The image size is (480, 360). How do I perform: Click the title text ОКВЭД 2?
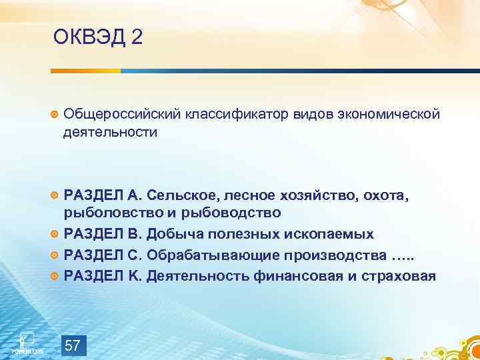pyautogui.click(x=98, y=37)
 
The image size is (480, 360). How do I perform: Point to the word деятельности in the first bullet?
pyautogui.click(x=111, y=132)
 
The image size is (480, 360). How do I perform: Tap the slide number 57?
pyautogui.click(x=73, y=345)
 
